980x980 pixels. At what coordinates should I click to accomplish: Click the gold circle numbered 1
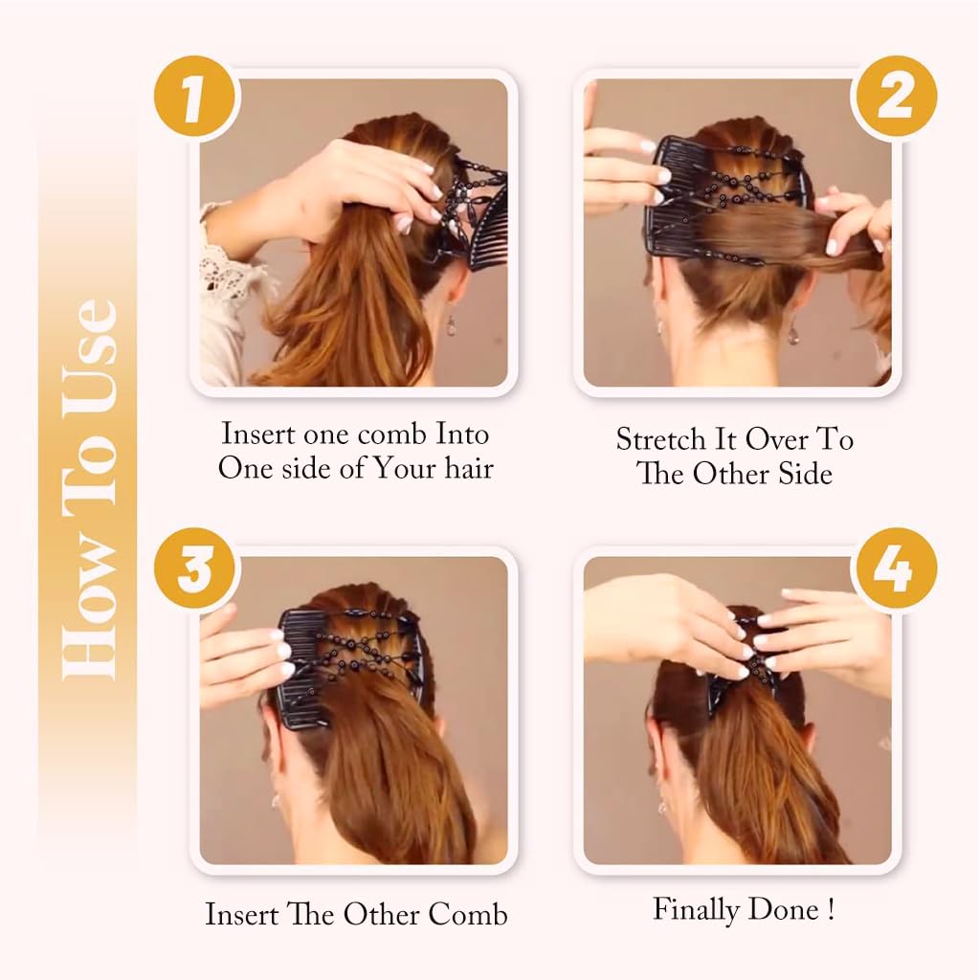pyautogui.click(x=197, y=98)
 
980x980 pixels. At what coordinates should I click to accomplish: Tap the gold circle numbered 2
pyautogui.click(x=895, y=98)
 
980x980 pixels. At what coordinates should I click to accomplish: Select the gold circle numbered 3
pyautogui.click(x=197, y=569)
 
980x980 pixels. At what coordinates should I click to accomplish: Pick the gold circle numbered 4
pyautogui.click(x=895, y=569)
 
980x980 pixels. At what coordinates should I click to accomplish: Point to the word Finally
pyautogui.click(x=696, y=910)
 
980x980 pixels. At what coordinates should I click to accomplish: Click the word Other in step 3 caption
pyautogui.click(x=381, y=914)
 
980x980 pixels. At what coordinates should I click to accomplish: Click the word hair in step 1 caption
pyautogui.click(x=469, y=467)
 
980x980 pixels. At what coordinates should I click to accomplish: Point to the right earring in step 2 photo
pyautogui.click(x=793, y=331)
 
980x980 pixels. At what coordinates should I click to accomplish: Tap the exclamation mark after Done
pyautogui.click(x=831, y=909)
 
